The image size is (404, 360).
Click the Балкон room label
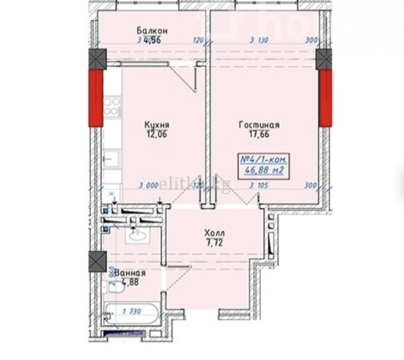(152, 30)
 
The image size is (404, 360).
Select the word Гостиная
(259, 125)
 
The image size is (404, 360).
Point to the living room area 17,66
(259, 135)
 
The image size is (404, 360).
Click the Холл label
(214, 233)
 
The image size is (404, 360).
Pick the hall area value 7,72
(214, 244)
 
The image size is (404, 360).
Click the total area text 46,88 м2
(264, 170)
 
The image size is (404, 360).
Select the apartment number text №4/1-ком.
(264, 159)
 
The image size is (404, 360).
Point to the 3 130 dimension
(259, 40)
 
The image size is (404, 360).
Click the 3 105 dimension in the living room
(259, 186)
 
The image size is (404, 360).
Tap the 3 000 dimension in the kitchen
(148, 186)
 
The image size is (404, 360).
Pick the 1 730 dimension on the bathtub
(132, 312)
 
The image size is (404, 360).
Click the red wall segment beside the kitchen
(95, 98)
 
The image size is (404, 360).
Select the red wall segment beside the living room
(325, 98)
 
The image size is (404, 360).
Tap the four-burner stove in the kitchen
(111, 106)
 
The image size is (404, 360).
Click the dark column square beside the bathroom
(97, 261)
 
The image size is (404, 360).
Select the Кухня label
(156, 125)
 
